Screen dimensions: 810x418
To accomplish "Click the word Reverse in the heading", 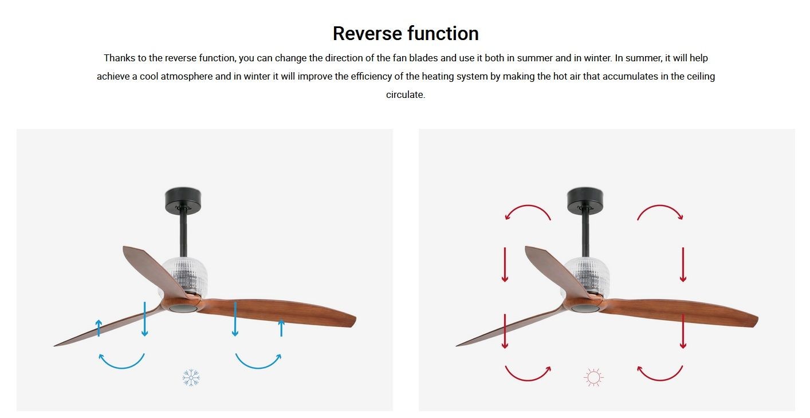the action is coord(367,34).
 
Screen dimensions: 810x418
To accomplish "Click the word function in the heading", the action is coord(443,33).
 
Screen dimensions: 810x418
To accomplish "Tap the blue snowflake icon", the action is coord(191,377).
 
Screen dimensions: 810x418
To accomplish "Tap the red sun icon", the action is coord(593,377).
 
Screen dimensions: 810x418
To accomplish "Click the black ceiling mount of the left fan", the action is coord(183,200).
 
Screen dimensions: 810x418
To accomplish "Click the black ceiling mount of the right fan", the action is coord(585,200).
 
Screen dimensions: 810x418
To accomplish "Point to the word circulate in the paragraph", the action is coord(404,94).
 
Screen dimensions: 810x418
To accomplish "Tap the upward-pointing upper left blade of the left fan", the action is coord(154,269).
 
